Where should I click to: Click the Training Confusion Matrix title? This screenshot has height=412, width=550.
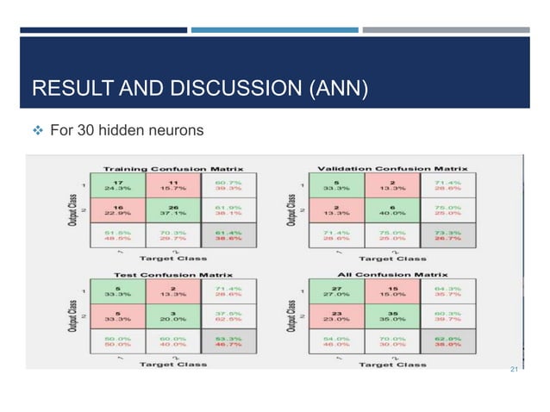click(x=173, y=168)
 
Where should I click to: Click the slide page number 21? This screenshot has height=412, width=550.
click(x=515, y=371)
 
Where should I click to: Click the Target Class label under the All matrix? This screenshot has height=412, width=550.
click(x=392, y=364)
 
